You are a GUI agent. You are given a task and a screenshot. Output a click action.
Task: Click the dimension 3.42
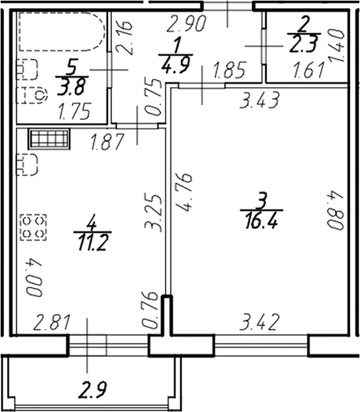259,324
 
